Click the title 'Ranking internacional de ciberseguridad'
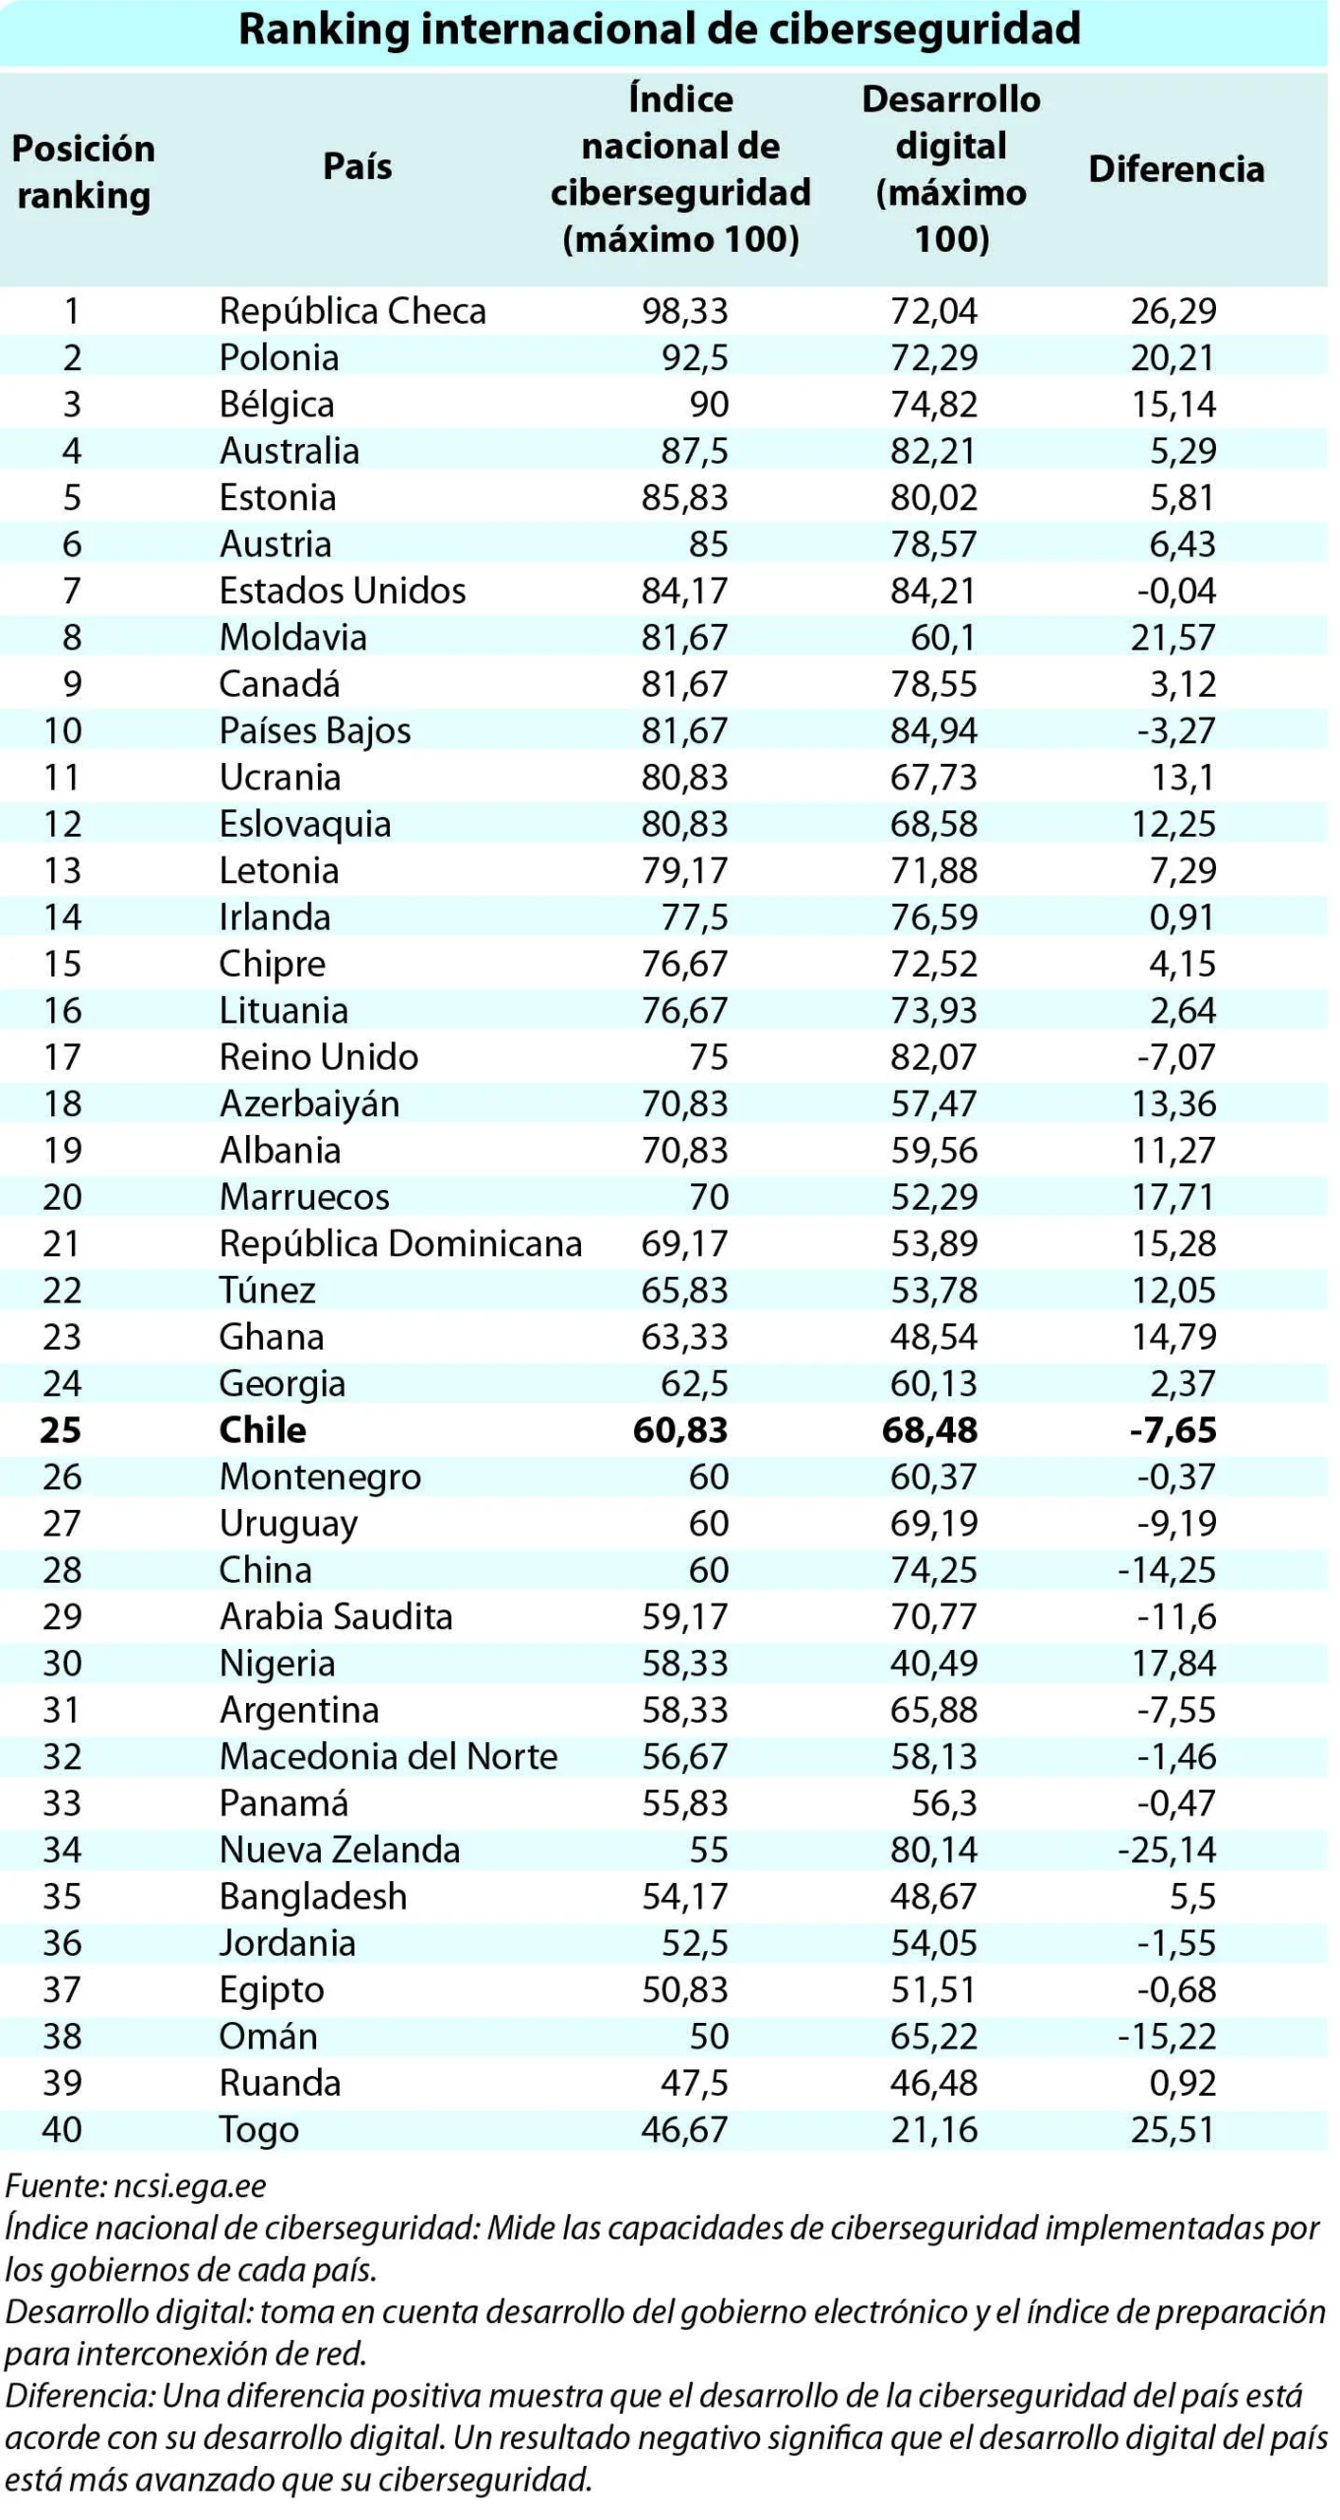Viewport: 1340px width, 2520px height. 660,29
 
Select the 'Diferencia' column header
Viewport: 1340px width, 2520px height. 1176,168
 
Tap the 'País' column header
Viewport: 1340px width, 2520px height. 357,165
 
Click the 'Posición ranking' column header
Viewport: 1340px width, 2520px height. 84,171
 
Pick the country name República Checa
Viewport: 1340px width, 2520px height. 352,311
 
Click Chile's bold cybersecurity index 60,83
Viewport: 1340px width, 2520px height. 680,1429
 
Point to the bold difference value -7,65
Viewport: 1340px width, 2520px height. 1173,1429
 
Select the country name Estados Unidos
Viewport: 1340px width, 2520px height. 343,591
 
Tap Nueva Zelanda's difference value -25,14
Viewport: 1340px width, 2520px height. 1167,1850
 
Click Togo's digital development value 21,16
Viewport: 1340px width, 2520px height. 934,2129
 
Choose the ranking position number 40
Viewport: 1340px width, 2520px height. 62,2129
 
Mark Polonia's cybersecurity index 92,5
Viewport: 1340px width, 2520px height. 695,357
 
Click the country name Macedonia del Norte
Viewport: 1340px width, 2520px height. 388,1756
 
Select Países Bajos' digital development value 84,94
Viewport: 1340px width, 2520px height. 934,730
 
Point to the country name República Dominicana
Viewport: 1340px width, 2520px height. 401,1243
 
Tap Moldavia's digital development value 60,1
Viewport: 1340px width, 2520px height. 943,637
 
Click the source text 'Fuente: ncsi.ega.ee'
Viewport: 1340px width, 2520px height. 136,2186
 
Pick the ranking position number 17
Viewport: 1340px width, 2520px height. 61,1057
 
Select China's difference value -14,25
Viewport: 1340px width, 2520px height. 1167,1570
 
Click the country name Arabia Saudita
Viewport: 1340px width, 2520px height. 336,1616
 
